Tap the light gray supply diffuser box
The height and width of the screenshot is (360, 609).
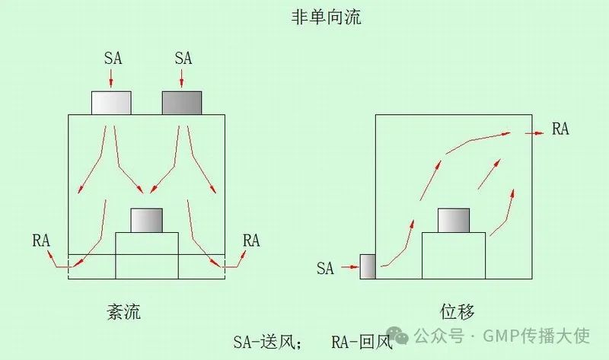(x=111, y=103)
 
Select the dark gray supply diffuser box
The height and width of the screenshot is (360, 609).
(x=182, y=103)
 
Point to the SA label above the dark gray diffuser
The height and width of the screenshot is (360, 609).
(x=183, y=58)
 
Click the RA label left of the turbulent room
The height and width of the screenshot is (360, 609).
(x=41, y=241)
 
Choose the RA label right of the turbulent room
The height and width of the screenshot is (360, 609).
(x=250, y=241)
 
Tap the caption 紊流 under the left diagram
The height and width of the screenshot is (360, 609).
(x=125, y=312)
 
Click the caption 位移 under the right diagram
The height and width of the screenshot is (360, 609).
(x=456, y=312)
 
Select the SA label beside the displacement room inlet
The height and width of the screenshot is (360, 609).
(x=325, y=268)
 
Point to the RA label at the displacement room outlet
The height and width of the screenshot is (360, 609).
(x=560, y=129)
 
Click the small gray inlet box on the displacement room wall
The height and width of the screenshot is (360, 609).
(x=368, y=266)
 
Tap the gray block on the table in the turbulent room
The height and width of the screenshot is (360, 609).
(x=146, y=220)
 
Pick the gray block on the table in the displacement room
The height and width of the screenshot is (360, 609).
(x=454, y=220)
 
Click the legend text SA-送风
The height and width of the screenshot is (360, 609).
(x=267, y=340)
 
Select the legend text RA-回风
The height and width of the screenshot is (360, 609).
(x=361, y=341)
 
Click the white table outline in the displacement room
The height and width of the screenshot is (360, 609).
(x=454, y=256)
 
